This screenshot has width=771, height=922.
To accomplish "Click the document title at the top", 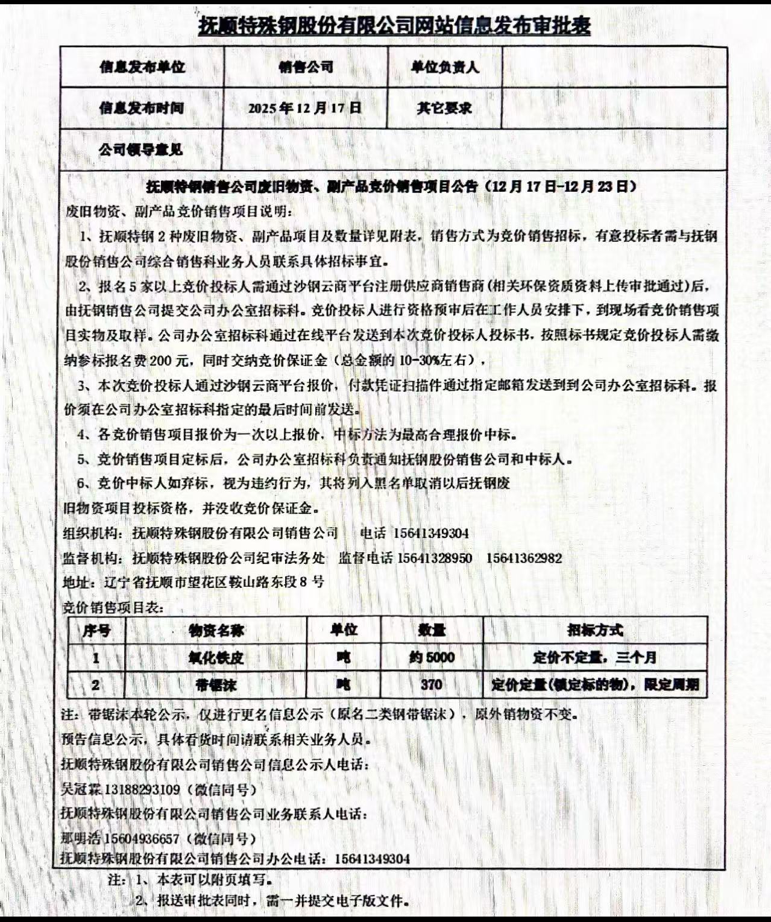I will point(394,26).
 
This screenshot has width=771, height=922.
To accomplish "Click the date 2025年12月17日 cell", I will point(304,108).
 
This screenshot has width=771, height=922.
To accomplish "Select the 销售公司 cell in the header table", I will point(306,67).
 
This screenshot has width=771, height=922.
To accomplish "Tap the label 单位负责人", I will point(445,67).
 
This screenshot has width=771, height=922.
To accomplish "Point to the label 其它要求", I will point(444,109).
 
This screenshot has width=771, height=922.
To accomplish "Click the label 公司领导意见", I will point(140,150).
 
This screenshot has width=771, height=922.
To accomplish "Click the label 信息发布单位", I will point(142,67).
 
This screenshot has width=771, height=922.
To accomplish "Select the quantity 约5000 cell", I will point(432,657).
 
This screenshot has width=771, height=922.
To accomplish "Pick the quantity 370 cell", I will point(432,684).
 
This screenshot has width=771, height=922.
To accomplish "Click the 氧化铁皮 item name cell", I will point(216,657).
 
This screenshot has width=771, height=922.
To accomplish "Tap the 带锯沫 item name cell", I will point(216,685).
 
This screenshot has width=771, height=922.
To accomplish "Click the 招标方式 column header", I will point(595,630).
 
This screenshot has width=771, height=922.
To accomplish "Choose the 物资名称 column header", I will point(216,631).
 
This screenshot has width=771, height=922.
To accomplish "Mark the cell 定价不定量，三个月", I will point(595,657).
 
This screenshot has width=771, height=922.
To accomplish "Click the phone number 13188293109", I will point(142,789).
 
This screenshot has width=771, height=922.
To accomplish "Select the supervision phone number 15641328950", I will point(434,558).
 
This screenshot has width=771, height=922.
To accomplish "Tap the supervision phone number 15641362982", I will point(524,558).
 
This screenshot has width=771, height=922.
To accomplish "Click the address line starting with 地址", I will point(194,582).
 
